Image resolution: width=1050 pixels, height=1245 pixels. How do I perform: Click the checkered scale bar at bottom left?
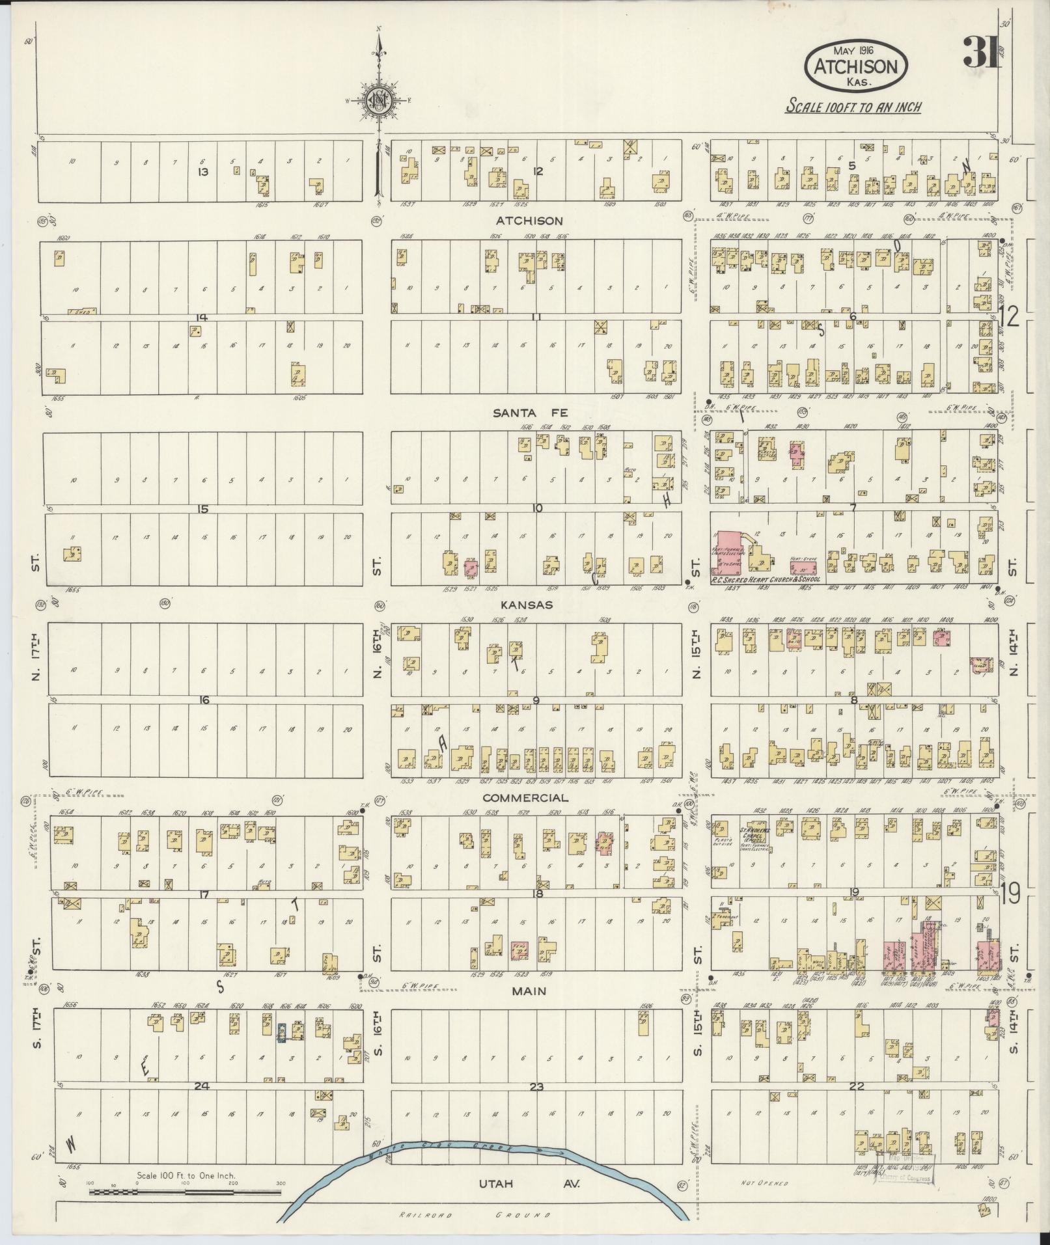click(186, 1193)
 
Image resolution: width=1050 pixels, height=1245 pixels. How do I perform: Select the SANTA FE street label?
click(531, 413)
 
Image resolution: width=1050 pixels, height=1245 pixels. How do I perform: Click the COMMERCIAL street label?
click(534, 798)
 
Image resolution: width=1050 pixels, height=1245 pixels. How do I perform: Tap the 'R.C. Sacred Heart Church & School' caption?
click(766, 579)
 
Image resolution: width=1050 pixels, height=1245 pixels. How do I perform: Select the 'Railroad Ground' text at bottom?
click(475, 1215)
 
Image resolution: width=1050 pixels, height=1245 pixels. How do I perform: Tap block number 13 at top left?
click(203, 172)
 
